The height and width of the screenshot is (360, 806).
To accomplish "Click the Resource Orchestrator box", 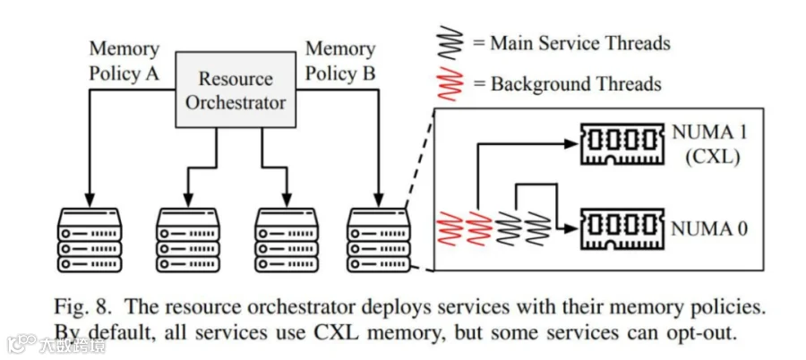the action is click(236, 90).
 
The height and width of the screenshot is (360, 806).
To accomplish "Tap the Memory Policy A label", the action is click(124, 62).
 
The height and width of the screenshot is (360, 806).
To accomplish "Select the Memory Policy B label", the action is click(340, 62).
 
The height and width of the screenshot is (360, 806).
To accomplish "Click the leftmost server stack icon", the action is click(90, 240).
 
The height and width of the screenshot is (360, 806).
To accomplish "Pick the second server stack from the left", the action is click(188, 240).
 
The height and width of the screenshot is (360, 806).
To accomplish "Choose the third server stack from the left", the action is click(287, 240).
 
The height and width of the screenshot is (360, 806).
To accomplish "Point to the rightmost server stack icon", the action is click(379, 240).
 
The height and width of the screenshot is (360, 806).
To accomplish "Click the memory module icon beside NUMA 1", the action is click(622, 144).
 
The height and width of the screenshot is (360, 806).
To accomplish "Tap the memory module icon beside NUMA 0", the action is click(622, 229).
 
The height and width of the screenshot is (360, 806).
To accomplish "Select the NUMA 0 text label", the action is click(710, 228).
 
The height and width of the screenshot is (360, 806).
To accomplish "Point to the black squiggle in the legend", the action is click(449, 41).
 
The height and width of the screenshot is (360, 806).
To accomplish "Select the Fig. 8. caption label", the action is click(82, 307).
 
